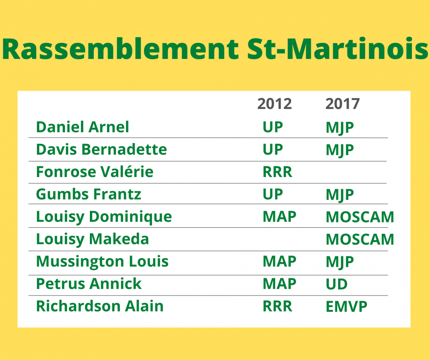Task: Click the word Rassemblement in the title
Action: pos(120,49)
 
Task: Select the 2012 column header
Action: pos(274,104)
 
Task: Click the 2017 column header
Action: pos(343,104)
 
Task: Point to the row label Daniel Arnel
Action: pos(83,127)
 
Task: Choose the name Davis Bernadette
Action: pos(101,149)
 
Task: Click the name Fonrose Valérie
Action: pos(95,172)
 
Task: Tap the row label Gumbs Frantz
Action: pos(89,194)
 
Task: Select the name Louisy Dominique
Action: pos(104,217)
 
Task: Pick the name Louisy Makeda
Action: pos(92,239)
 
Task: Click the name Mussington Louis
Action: pos(102,262)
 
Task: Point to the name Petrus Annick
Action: pos(89,284)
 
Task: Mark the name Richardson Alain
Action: pos(100,306)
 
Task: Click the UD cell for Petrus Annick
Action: pos(337,284)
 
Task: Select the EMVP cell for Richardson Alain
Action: pos(346,307)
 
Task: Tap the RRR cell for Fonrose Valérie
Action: pos(277,172)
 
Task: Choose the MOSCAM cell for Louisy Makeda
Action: pos(360,239)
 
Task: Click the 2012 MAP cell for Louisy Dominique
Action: pos(279,217)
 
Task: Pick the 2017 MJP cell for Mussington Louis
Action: pos(340,262)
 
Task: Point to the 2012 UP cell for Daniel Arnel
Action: pos(273,128)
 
